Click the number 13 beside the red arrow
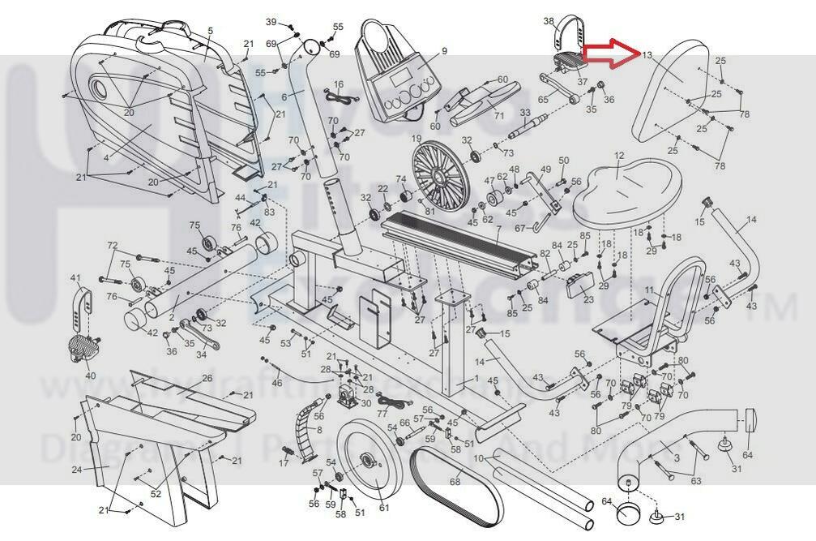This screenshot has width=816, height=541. (x=647, y=55)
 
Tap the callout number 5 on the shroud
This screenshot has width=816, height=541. (x=210, y=31)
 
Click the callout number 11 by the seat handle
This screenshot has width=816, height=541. (x=648, y=290)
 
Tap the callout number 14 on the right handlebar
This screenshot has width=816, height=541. (x=751, y=219)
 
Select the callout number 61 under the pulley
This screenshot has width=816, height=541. (x=384, y=509)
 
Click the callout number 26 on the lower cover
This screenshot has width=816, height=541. (x=207, y=378)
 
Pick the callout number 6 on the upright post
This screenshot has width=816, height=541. (x=284, y=97)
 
